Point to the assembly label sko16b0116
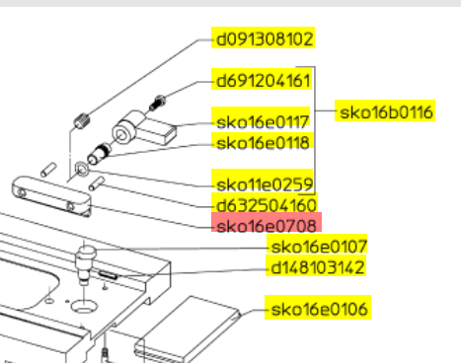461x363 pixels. tap(385, 110)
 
